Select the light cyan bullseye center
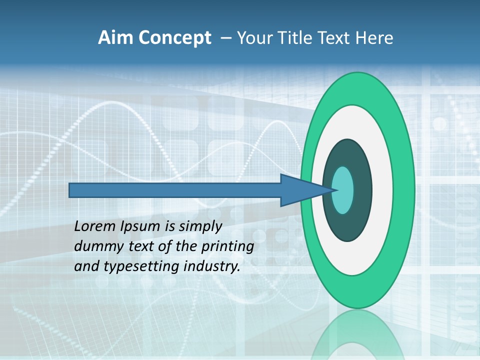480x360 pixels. (343, 190)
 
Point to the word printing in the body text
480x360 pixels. (227, 247)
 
